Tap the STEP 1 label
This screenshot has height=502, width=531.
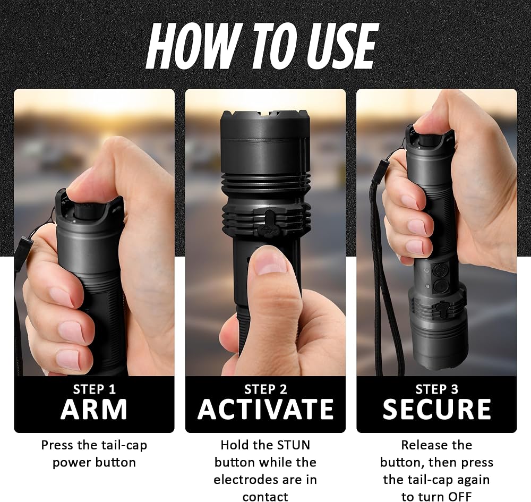[x=95, y=389]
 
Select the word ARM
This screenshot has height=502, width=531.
[x=94, y=409]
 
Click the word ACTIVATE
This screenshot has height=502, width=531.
[x=265, y=409]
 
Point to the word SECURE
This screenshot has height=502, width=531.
[x=437, y=409]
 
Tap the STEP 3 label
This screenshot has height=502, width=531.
[x=437, y=389]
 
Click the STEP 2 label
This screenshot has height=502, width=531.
[x=265, y=389]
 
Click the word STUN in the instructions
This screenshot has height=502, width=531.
[x=294, y=445]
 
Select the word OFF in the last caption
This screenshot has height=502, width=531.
[x=459, y=497]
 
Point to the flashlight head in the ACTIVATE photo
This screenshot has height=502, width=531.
[x=265, y=142]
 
